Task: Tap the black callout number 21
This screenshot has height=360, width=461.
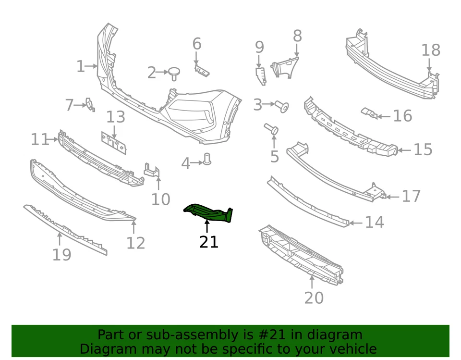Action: [209, 242]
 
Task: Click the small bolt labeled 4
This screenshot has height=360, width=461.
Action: [207, 159]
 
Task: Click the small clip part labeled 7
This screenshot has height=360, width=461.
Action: [89, 104]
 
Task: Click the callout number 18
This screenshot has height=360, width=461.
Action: [431, 50]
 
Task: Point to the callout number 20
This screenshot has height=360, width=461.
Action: [314, 298]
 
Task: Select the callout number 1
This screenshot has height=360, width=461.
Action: [80, 66]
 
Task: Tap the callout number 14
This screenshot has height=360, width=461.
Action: [374, 222]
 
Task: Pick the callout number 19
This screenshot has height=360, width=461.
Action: [61, 254]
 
